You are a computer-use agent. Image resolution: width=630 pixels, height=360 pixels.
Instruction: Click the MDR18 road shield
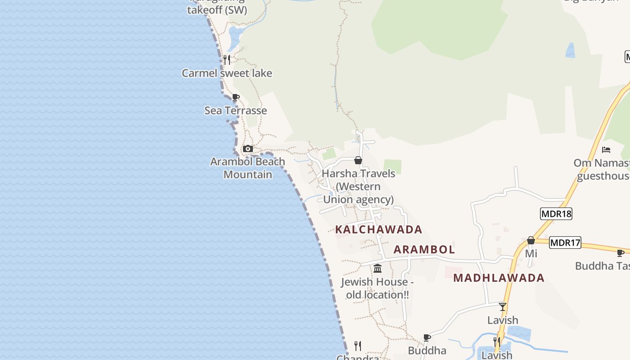(556, 214)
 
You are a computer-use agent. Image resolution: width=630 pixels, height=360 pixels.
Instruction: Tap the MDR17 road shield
(565, 243)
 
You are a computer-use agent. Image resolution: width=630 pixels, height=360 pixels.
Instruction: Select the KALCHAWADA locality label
(378, 229)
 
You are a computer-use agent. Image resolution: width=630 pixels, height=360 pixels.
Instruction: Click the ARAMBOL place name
(424, 249)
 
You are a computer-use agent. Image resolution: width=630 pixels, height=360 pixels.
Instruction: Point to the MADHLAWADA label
(499, 278)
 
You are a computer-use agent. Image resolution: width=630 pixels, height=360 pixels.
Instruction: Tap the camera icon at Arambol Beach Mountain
(247, 149)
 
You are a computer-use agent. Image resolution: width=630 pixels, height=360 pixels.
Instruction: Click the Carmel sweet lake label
(227, 73)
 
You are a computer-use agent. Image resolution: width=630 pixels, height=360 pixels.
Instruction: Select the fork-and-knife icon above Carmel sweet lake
(227, 59)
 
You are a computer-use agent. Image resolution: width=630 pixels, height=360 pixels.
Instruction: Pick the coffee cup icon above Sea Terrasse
(235, 97)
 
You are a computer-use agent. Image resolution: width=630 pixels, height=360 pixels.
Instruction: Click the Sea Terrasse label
(235, 110)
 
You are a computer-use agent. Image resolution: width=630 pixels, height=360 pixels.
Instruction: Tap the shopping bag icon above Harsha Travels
(358, 160)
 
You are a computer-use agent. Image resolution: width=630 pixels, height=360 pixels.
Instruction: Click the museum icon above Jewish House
(378, 269)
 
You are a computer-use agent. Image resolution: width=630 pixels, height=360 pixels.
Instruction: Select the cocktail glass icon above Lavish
(503, 307)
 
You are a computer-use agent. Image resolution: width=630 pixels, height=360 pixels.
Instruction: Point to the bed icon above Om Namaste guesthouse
(606, 150)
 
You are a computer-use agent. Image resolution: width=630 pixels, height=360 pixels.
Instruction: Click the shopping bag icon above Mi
(531, 240)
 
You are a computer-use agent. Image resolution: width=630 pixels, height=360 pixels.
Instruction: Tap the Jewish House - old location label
(377, 288)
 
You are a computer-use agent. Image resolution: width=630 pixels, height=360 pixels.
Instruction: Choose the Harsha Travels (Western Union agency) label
(358, 186)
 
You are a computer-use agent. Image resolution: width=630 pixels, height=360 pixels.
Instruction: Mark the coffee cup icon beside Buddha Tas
(621, 253)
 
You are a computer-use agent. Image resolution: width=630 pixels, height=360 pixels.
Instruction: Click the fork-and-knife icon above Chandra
(358, 346)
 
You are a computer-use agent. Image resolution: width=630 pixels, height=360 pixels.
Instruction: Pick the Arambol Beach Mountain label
(247, 168)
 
